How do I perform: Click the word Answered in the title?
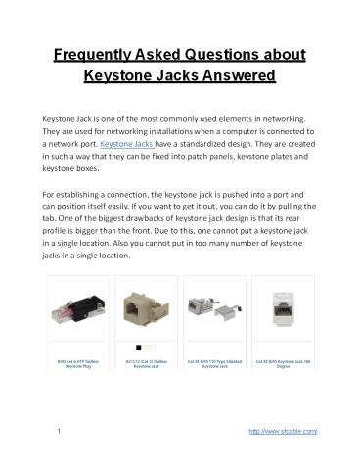(x=234, y=74)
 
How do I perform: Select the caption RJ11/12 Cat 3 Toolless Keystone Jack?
(x=146, y=365)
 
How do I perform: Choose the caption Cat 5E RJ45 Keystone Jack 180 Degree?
(x=280, y=365)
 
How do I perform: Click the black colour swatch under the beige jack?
(x=139, y=346)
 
